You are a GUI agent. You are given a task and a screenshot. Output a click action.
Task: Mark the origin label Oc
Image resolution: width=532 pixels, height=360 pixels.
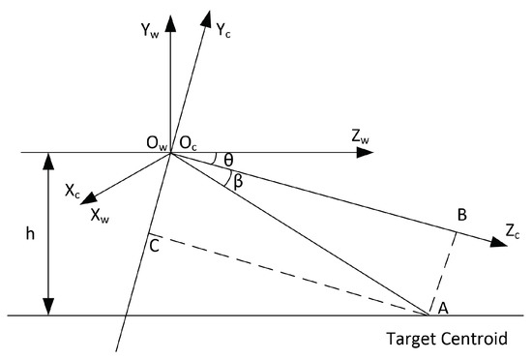coord(188,142)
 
